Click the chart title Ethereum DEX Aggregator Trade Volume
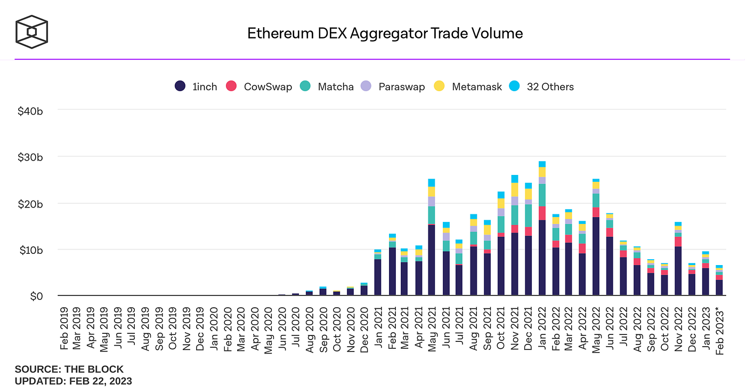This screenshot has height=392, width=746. [x=385, y=34]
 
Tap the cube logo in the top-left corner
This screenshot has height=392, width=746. [x=31, y=30]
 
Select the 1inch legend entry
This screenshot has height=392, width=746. [x=196, y=86]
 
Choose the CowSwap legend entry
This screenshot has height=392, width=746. [x=260, y=86]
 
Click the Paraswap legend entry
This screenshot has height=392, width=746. [x=393, y=86]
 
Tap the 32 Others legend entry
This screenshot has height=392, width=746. [x=542, y=86]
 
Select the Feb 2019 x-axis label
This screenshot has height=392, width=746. [x=64, y=328]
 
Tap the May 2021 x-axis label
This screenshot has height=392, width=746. [x=432, y=328]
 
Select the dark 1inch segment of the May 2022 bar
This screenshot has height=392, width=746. [x=596, y=256]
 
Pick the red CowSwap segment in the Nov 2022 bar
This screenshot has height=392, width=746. [x=678, y=241]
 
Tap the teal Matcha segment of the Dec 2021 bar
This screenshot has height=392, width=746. [x=528, y=215]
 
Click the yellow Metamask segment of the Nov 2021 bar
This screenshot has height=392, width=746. [x=514, y=189]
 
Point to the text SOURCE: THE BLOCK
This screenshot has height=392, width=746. [x=69, y=369]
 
